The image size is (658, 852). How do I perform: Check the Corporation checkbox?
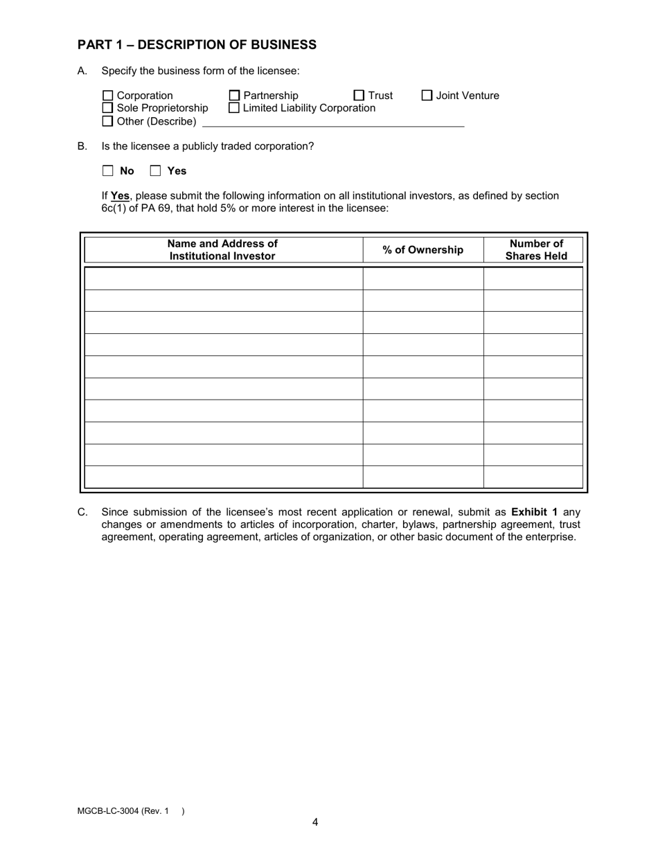point(107,96)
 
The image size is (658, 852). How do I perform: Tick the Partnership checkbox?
point(234,96)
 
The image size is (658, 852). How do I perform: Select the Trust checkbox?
point(359,96)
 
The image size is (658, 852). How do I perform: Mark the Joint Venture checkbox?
point(427,96)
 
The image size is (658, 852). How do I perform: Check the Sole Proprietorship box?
point(107,108)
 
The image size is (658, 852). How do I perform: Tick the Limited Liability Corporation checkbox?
point(234,108)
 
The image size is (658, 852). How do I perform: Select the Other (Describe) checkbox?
point(107,121)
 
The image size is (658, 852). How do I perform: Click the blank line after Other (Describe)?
point(332,122)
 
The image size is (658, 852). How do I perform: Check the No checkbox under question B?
point(108,171)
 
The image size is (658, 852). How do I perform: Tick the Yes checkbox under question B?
point(156,171)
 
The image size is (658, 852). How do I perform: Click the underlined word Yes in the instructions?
point(120,196)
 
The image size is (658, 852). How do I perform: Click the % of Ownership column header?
point(423,250)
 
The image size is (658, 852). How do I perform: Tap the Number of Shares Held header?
point(536,250)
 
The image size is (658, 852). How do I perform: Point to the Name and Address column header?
point(222,250)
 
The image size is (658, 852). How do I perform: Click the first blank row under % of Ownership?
point(423,278)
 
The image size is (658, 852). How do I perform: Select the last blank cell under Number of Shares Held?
point(533,477)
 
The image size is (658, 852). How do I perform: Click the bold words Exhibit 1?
point(534,512)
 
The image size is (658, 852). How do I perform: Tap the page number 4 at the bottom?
point(315,822)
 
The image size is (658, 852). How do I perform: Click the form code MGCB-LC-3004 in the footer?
point(108,811)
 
